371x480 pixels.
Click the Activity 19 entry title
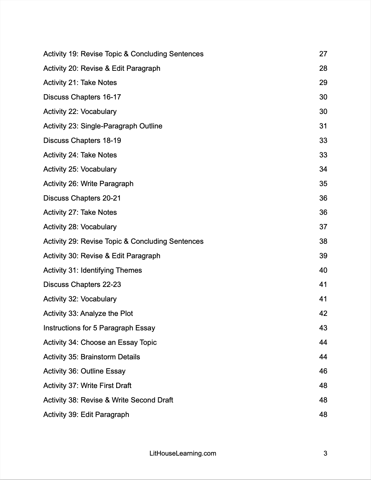point(123,54)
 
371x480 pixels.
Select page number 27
point(323,54)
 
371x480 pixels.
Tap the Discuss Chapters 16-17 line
point(82,97)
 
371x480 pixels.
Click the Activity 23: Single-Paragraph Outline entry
point(103,126)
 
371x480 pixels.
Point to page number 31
point(323,126)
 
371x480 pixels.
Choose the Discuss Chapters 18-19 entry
point(82,141)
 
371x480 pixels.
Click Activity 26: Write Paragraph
point(88,184)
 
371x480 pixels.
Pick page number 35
point(323,184)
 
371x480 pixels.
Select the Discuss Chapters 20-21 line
point(82,198)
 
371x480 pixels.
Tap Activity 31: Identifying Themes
point(93,270)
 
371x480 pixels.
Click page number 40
point(323,270)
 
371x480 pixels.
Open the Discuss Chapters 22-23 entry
point(82,285)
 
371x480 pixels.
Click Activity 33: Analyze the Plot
point(88,313)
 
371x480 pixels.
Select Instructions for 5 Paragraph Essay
point(99,328)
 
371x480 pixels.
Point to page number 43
point(323,328)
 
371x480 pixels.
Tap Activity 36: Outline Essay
point(84,371)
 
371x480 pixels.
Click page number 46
point(323,371)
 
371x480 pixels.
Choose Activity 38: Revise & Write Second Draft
point(108,400)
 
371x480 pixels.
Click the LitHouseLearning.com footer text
point(183,453)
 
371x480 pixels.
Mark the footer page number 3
point(325,453)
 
